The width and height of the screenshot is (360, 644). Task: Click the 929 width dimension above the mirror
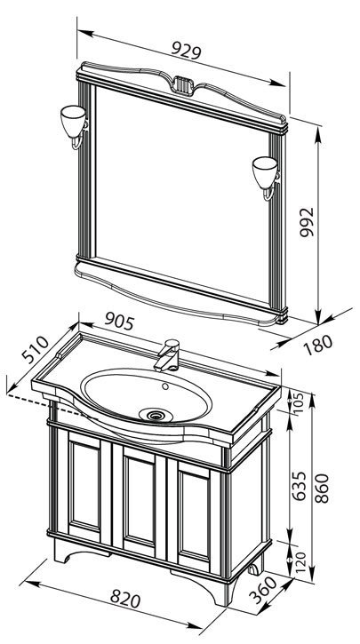(186, 51)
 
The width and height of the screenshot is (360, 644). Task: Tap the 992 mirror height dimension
(307, 222)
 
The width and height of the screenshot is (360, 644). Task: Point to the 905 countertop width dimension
(119, 321)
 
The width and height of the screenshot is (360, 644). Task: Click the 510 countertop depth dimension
(36, 349)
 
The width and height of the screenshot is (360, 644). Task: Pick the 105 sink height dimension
(299, 403)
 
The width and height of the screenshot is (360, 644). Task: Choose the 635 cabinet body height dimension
(300, 486)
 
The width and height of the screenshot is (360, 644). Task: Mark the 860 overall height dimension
(323, 489)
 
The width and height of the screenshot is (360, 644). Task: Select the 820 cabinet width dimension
(125, 600)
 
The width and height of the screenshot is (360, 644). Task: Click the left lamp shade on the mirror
(73, 120)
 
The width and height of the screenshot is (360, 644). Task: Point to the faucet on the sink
(167, 355)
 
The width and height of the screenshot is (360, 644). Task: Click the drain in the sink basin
(156, 415)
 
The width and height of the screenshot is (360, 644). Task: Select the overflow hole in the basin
(165, 386)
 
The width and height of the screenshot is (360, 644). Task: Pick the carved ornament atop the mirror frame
(183, 84)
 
